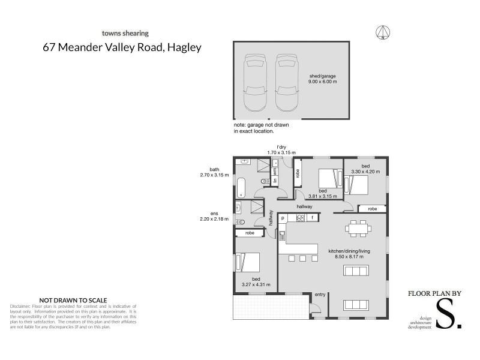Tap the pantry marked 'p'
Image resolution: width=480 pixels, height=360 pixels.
pyautogui.click(x=282, y=218)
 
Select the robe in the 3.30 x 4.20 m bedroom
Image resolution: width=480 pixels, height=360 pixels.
pyautogui.click(x=372, y=209)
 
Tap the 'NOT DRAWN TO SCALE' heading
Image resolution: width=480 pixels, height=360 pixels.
pyautogui.click(x=73, y=299)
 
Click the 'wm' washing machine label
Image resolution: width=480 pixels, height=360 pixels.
pyautogui.click(x=275, y=172)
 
